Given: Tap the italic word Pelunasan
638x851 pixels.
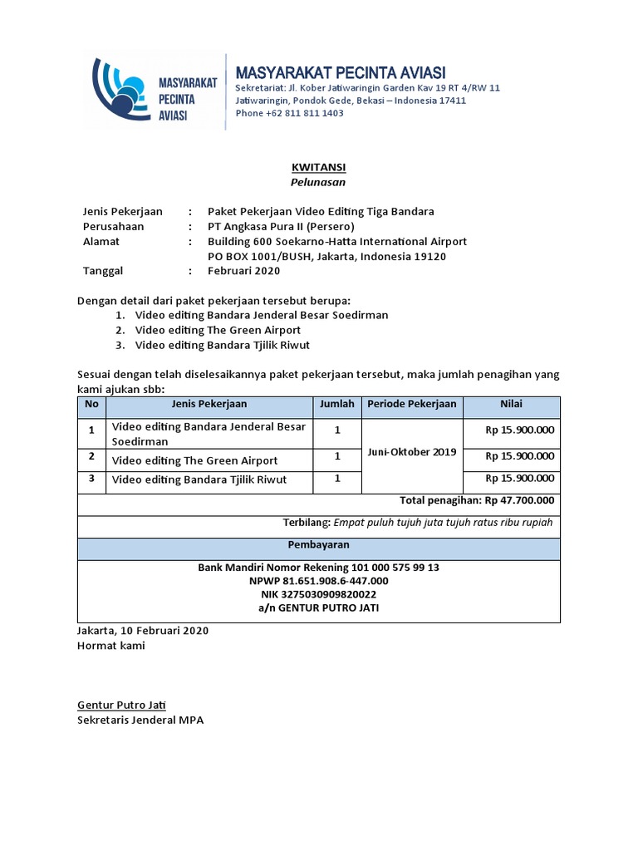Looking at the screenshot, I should click(318, 181).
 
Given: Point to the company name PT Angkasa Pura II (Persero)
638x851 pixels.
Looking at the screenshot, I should click(281, 226).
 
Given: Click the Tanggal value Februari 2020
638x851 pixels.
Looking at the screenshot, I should click(243, 271).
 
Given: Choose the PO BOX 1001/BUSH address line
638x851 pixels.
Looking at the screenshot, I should click(326, 256).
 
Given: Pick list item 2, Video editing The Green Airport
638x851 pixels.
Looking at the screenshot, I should click(218, 330).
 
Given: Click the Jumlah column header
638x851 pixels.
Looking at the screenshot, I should click(336, 404).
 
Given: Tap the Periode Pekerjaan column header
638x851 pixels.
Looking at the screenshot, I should click(412, 404).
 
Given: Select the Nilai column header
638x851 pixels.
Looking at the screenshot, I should click(511, 404).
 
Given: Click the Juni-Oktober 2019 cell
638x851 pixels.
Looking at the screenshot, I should click(412, 452).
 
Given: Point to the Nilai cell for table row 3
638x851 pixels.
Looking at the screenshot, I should click(520, 479).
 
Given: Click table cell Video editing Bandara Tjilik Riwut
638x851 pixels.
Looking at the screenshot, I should click(199, 480).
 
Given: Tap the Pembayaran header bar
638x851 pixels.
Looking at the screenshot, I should click(318, 545).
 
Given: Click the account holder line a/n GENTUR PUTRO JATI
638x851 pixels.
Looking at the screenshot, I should click(318, 608).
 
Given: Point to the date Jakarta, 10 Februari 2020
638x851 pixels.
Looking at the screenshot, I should click(143, 630).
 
